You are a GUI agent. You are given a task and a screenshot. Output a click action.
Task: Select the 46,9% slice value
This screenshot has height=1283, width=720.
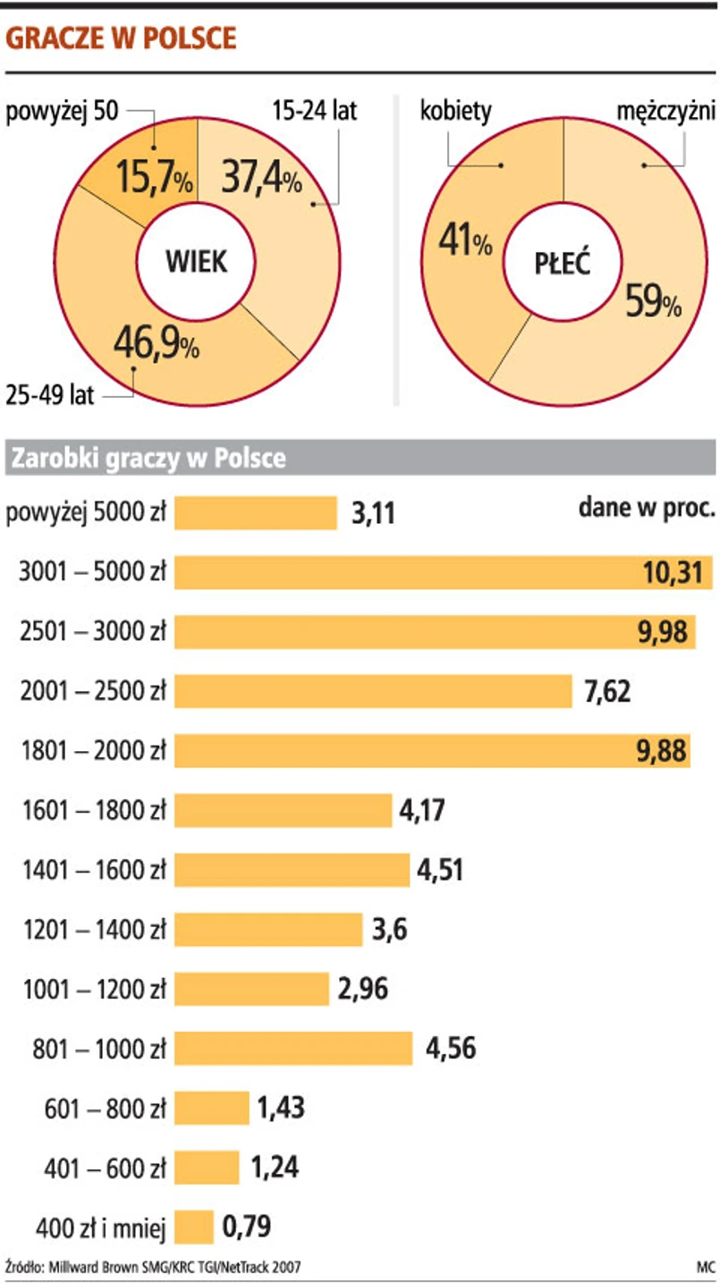click(x=156, y=343)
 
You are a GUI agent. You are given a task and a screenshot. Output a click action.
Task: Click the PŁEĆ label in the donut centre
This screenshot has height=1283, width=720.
click(x=563, y=265)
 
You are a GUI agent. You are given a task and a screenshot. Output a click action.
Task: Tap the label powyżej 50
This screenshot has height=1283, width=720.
click(x=62, y=114)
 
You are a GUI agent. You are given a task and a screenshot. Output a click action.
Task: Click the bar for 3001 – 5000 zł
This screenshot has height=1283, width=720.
click(x=443, y=572)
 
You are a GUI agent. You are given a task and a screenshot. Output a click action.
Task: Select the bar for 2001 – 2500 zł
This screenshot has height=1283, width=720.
click(x=372, y=691)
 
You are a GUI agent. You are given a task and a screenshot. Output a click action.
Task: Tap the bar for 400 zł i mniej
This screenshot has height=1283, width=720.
click(x=193, y=1227)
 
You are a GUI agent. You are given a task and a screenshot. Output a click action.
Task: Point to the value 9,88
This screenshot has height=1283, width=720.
click(x=661, y=751)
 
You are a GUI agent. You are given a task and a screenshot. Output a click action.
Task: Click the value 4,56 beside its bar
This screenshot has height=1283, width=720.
click(x=451, y=1049)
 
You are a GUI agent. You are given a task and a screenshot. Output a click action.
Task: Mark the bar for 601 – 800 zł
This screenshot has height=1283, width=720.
click(x=211, y=1109)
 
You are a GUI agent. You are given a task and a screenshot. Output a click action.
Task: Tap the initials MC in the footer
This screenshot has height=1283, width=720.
click(x=706, y=1267)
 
